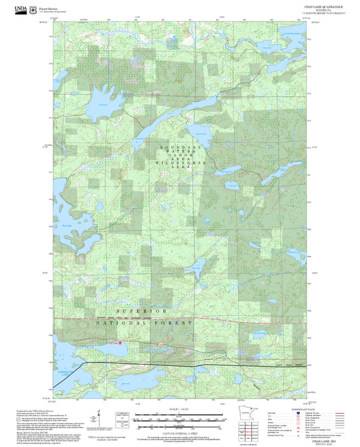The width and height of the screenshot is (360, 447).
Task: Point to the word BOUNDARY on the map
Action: (180, 147)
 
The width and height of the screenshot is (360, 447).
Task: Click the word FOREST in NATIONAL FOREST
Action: (176, 323)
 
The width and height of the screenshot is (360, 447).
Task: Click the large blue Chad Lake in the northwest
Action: (101, 101)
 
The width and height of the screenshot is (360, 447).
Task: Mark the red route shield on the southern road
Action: (162, 344)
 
